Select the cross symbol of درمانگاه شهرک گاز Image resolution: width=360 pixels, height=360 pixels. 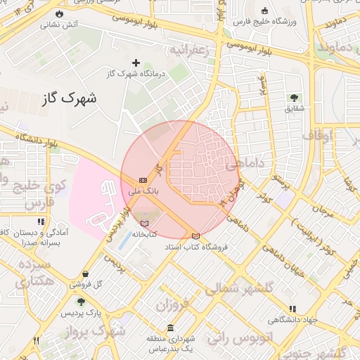tap(136, 63)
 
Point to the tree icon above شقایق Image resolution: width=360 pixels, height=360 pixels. tap(293, 98)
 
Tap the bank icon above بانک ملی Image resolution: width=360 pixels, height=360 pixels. tap(143, 180)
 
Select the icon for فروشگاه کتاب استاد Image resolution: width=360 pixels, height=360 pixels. tap(195, 236)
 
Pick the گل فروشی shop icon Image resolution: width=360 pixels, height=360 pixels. tap(86, 274)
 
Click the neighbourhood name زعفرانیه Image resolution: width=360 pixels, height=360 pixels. tap(191, 50)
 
